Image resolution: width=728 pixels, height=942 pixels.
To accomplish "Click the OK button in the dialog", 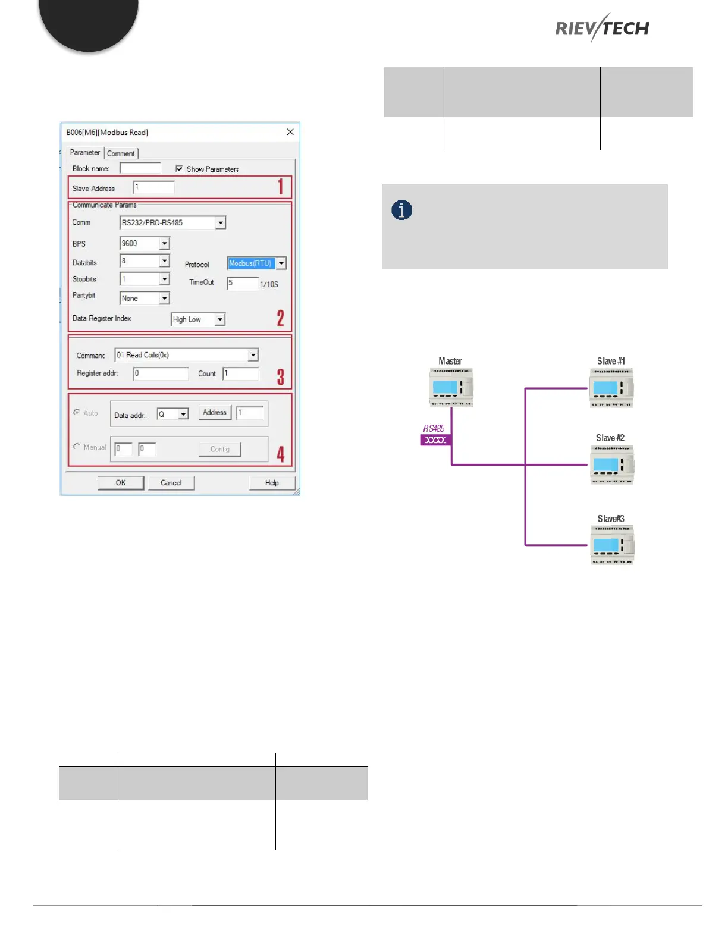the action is coord(121,483).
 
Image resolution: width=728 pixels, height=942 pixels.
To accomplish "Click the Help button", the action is coord(272,483).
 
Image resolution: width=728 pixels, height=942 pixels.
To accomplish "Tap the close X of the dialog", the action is coord(290,132).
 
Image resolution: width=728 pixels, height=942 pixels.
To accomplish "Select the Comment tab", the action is coord(121,153).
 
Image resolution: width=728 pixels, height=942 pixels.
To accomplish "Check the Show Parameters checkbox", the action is coord(179,169).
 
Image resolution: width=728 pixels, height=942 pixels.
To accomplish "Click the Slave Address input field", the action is coord(153,187).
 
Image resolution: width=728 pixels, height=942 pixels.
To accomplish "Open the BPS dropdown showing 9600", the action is coord(165,243).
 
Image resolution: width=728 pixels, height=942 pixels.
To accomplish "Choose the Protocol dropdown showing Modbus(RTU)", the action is coord(281,263).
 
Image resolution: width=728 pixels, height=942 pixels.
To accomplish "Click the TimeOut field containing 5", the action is coord(242,283).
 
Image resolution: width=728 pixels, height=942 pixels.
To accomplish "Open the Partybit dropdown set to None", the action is coord(165,298).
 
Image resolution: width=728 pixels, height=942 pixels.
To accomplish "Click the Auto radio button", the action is coord(77,412).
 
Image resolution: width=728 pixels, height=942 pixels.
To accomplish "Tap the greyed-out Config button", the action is coord(219,449).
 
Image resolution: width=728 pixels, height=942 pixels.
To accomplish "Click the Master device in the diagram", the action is coord(451,387).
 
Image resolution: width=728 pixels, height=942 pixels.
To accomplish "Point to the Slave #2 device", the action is coord(611,464).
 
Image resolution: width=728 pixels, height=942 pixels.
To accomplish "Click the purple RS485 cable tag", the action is coord(435,440).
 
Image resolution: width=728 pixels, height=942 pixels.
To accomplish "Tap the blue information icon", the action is coord(401,210).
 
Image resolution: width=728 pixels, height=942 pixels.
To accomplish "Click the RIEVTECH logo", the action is coord(602,28).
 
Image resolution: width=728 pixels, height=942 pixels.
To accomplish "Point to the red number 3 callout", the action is coord(281,377).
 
